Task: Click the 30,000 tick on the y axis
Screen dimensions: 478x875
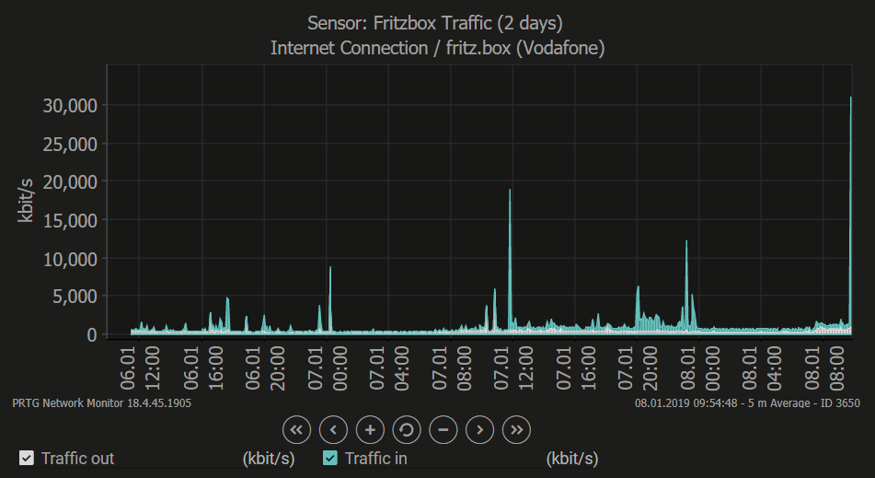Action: coord(70,105)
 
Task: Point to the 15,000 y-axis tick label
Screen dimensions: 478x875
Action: coord(70,220)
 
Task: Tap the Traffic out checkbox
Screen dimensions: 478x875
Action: coord(27,458)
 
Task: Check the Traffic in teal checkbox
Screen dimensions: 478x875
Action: coord(330,458)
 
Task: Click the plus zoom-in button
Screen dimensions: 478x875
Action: coord(370,429)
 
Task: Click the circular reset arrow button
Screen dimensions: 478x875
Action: coord(407,429)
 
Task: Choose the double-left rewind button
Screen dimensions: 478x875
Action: coord(296,429)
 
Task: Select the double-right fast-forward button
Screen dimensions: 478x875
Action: coord(517,429)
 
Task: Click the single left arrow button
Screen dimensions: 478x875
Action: coord(333,429)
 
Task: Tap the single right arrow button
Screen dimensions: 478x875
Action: coord(480,429)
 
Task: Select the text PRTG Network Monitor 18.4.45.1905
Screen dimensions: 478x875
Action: coord(102,402)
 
